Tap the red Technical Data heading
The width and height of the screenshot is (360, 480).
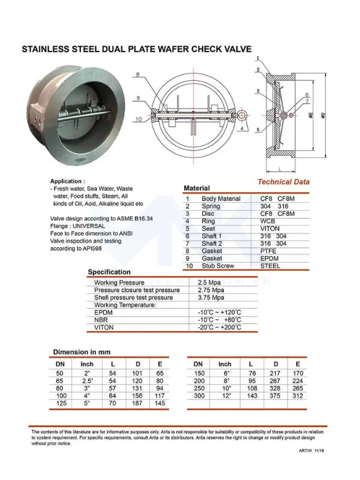click(x=283, y=182)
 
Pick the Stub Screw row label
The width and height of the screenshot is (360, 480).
click(x=217, y=266)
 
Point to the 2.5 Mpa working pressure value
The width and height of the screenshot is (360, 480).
click(x=211, y=283)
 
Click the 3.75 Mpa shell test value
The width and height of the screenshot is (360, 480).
click(x=212, y=298)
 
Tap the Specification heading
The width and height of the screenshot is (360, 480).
click(x=109, y=272)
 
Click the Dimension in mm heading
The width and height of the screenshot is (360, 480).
click(x=82, y=352)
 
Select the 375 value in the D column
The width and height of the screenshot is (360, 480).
click(x=275, y=395)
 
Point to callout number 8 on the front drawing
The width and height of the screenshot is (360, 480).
click(x=137, y=74)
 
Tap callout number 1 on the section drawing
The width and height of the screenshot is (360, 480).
click(x=257, y=58)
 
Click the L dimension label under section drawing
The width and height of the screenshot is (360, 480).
click(x=280, y=169)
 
